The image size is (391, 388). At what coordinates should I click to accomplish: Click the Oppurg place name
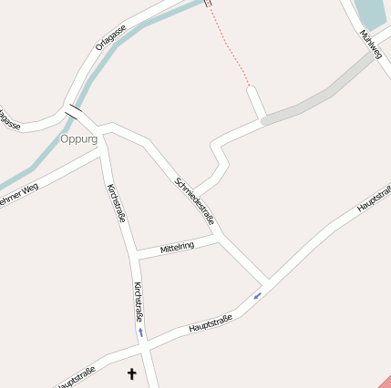[78, 139]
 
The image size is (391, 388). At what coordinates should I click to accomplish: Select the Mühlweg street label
[369, 42]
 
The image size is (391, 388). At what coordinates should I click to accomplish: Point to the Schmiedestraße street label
[194, 201]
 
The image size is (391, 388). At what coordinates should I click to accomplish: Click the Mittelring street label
[177, 247]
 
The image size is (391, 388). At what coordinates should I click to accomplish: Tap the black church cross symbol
[131, 373]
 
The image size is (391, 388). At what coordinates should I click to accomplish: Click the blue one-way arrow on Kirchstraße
[140, 332]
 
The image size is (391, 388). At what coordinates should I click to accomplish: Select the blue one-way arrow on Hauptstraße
[258, 294]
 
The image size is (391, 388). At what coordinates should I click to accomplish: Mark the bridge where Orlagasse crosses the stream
[75, 111]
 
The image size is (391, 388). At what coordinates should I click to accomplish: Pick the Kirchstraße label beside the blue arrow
[139, 301]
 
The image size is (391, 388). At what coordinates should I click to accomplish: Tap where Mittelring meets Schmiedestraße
[219, 240]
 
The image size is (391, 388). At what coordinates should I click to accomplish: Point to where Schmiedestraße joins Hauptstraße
[268, 281]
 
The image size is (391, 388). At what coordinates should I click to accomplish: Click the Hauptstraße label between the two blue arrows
[211, 322]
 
